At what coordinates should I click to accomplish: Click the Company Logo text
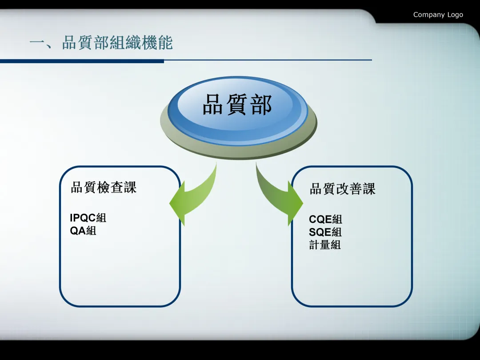coord(438,15)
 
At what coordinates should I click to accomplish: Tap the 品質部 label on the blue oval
coord(236,105)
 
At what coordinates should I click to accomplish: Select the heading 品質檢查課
coord(104,187)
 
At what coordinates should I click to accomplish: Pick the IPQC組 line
coord(88,218)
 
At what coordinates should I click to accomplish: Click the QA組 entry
coord(83,230)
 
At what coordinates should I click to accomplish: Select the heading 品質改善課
coord(342,189)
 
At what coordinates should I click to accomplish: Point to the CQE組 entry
coord(325,219)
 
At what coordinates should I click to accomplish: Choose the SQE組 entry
coord(325,232)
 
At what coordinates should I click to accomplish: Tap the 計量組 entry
coord(325,244)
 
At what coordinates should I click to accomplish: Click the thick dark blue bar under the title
coord(82,61)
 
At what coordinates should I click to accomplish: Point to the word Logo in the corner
coord(455,15)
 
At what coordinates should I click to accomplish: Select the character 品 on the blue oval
coord(213,105)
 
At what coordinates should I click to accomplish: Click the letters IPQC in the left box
coord(83,218)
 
